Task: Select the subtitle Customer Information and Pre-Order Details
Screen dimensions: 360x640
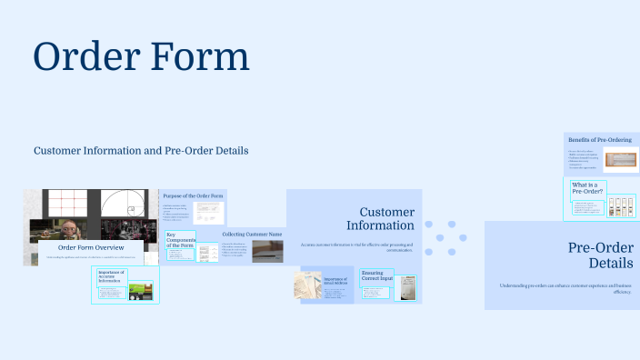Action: coord(141,150)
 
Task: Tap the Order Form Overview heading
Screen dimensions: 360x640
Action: coord(91,247)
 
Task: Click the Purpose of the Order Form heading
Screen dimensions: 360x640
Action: coord(193,195)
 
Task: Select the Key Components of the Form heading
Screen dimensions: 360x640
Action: coord(180,240)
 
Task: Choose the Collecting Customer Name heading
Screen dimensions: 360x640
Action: coord(252,234)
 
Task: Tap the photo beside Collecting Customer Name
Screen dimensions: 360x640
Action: coord(267,251)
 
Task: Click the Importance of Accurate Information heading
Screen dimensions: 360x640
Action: coord(110,276)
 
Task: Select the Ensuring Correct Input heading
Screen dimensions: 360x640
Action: coord(373,275)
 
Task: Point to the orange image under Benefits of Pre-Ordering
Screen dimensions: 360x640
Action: coord(620,160)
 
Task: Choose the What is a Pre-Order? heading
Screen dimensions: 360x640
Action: coord(587,187)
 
